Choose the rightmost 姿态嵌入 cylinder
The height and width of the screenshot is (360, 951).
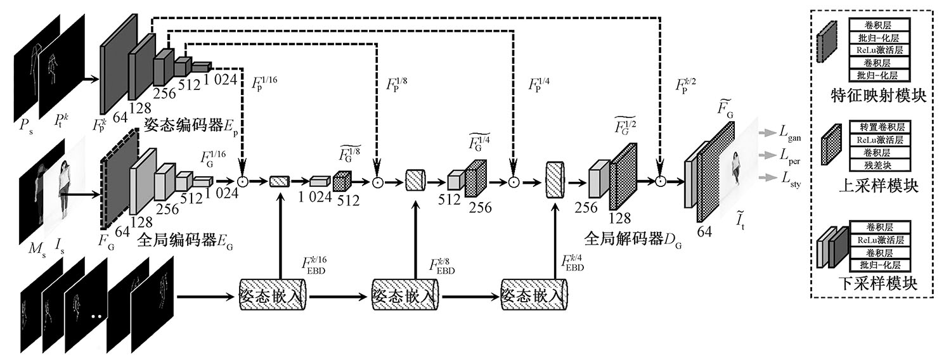(x=533, y=295)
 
